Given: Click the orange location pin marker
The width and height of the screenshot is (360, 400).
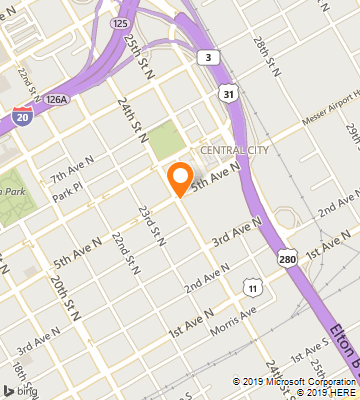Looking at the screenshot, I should [x=180, y=177].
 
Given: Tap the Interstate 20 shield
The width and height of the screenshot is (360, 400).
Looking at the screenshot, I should [x=21, y=117].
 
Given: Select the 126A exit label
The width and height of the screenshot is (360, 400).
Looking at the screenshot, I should [x=56, y=100].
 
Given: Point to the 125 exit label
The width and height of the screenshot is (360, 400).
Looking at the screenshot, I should [x=121, y=22].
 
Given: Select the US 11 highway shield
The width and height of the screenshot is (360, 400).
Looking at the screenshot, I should [x=253, y=289].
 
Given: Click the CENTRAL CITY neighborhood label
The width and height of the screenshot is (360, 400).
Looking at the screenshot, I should [x=234, y=150].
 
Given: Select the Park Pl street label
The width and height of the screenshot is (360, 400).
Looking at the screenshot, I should [x=65, y=198].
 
